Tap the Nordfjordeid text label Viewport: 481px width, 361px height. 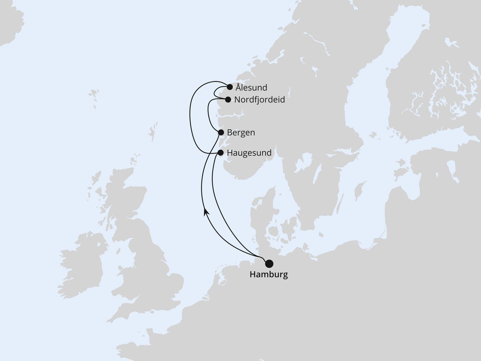click(259, 100)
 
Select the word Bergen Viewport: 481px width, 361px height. click(241, 133)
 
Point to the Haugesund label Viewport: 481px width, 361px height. click(249, 153)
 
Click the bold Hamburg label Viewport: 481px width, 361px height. click(269, 275)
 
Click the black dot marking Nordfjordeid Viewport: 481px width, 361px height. click(228, 100)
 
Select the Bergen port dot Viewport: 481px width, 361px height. click(221, 132)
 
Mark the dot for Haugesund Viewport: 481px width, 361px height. click(221, 153)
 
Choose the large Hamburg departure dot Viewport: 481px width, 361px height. click(269, 263)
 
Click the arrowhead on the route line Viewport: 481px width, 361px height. click(206, 212)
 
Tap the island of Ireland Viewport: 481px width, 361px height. click(81, 259)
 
